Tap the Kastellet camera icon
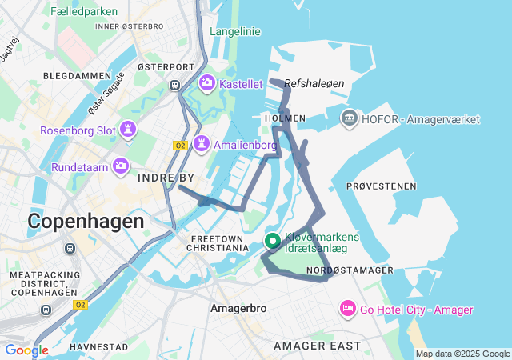pos(206,82)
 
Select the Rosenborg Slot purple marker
pos(127,130)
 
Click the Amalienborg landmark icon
pos(201,143)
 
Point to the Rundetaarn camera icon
pos(121,166)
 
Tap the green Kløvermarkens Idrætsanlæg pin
pos(272,241)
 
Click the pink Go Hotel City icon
pos(347,308)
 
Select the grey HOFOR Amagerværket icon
pos(350,119)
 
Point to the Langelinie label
pos(234,31)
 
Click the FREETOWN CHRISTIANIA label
pos(220,243)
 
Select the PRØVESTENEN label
pos(382,186)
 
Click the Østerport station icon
pos(174,86)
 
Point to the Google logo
pos(26,350)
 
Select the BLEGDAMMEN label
pos(77,76)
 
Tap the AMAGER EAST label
pos(317,346)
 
